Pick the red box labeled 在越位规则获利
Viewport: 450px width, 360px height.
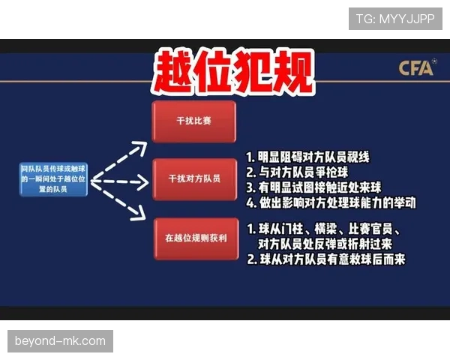pos(193,238)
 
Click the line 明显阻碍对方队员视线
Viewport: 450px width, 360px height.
pos(307,158)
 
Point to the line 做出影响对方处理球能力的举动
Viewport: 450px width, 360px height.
pos(330,202)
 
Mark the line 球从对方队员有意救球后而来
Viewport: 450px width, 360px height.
pos(326,259)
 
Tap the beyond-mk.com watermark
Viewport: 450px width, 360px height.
pos(60,341)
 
